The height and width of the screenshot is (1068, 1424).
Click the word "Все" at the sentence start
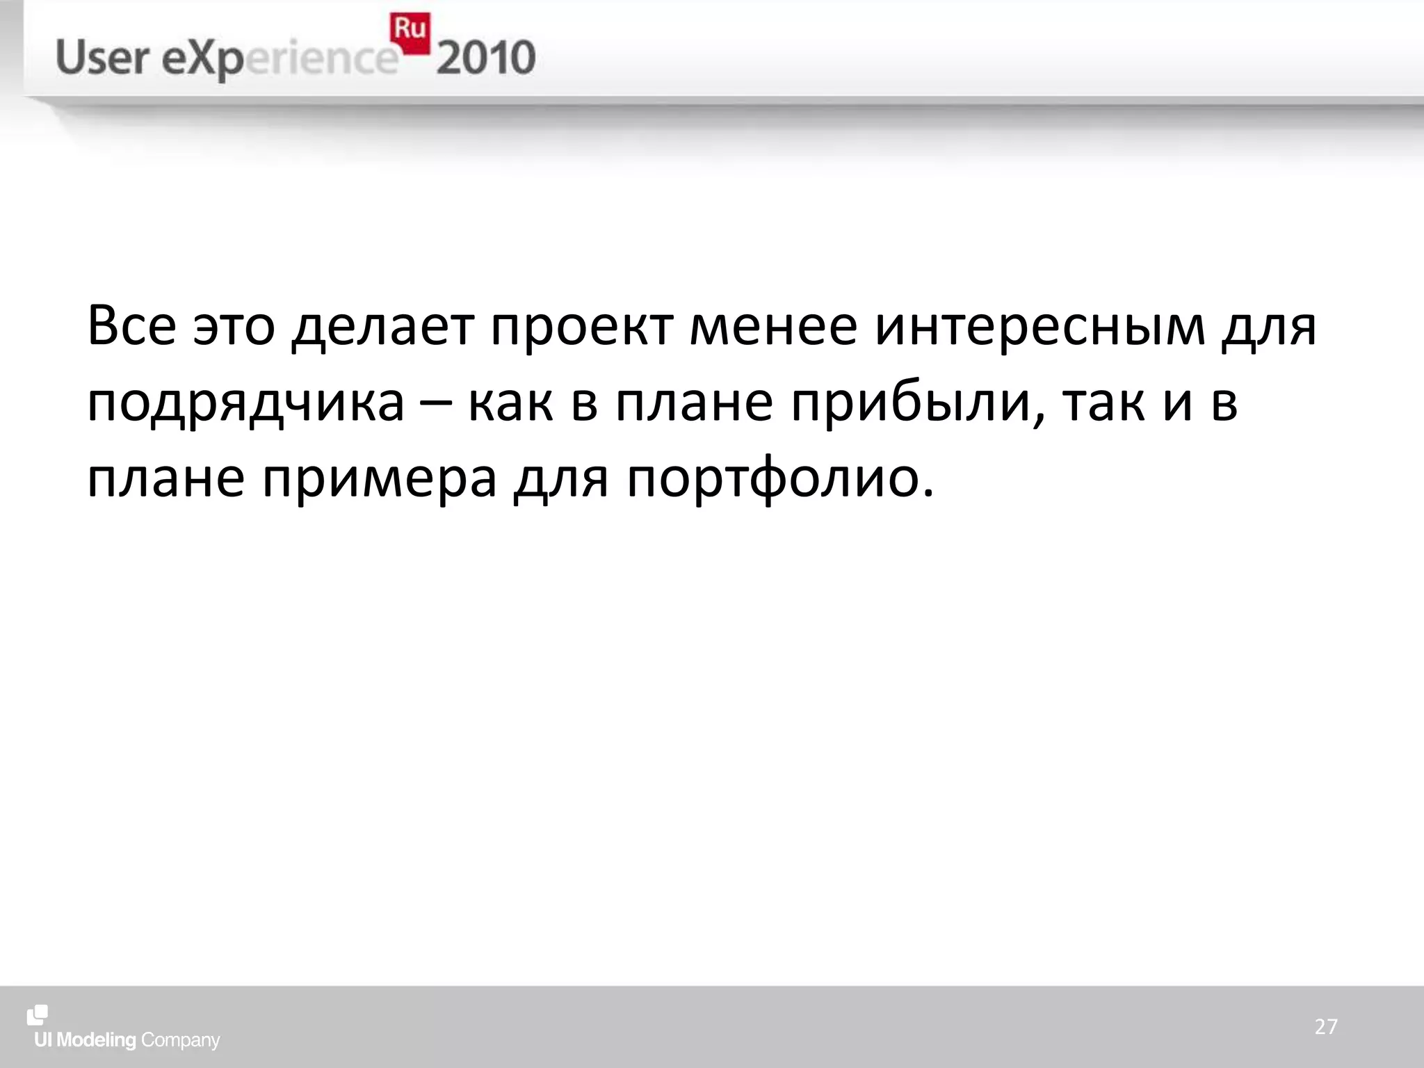point(131,325)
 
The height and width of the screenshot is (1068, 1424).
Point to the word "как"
point(511,403)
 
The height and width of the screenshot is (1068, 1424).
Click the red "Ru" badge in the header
point(410,32)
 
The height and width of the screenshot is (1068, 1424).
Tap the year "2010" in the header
point(486,58)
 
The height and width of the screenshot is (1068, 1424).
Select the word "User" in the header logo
point(102,58)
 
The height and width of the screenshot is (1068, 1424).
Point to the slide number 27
point(1326,1026)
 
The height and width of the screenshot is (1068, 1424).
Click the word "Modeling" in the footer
point(96,1040)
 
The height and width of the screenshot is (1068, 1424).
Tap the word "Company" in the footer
point(180,1041)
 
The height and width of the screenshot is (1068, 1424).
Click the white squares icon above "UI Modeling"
point(38,1015)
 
